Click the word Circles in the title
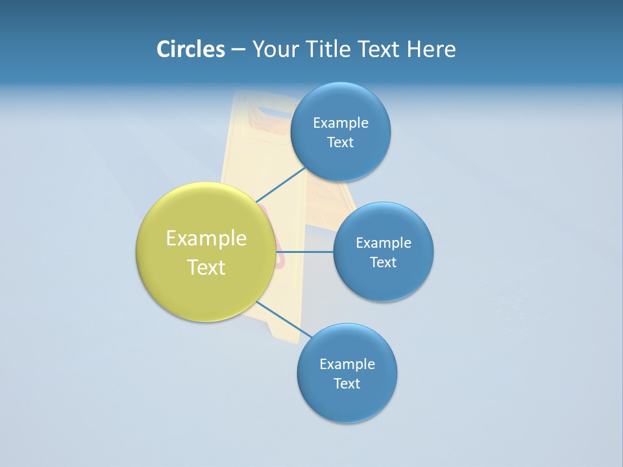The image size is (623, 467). click(x=190, y=49)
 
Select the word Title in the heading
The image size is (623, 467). click(x=330, y=49)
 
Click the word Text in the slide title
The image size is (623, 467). click(x=380, y=49)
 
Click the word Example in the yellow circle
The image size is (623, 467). click(x=206, y=239)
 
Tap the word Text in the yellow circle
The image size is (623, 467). click(x=206, y=267)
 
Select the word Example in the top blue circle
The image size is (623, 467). click(x=341, y=123)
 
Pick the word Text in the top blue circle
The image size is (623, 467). click(x=340, y=143)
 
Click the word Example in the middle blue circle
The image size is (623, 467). click(x=384, y=243)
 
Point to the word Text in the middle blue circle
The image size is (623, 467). click(x=383, y=263)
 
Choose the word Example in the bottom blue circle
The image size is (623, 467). click(x=347, y=365)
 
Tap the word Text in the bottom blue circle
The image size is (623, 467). click(x=347, y=384)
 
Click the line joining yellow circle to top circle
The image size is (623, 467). click(x=280, y=185)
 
